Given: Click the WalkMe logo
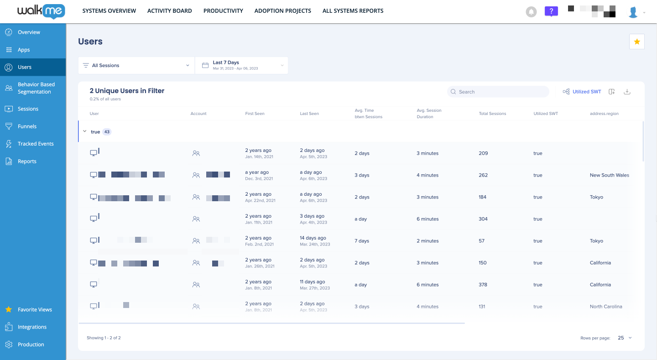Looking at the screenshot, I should pyautogui.click(x=41, y=11).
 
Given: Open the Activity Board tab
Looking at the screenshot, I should pyautogui.click(x=169, y=11).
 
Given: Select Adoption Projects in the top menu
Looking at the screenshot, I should pyautogui.click(x=282, y=11).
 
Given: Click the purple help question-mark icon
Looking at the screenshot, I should pyautogui.click(x=551, y=11).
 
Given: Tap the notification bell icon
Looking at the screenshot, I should pyautogui.click(x=531, y=12).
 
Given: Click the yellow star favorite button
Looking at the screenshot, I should pyautogui.click(x=636, y=42).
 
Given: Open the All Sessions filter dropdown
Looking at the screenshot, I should pyautogui.click(x=136, y=66).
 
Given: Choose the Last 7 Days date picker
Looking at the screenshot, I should pyautogui.click(x=242, y=66).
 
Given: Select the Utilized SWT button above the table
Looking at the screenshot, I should pyautogui.click(x=582, y=92).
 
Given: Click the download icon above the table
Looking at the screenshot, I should pyautogui.click(x=627, y=92).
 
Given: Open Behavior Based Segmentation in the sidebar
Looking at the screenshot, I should pyautogui.click(x=36, y=88).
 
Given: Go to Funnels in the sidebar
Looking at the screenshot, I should pyautogui.click(x=27, y=126).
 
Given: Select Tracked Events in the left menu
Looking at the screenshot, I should pyautogui.click(x=36, y=144).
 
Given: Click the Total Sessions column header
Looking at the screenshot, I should pyautogui.click(x=492, y=114).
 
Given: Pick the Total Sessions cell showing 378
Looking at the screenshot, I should pyautogui.click(x=483, y=285).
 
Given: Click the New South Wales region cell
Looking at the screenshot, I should pyautogui.click(x=609, y=175).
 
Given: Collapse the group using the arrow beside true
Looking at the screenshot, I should pyautogui.click(x=84, y=132).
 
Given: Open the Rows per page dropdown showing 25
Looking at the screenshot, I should pyautogui.click(x=625, y=338).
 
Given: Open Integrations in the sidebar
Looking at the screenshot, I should pyautogui.click(x=32, y=327).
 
